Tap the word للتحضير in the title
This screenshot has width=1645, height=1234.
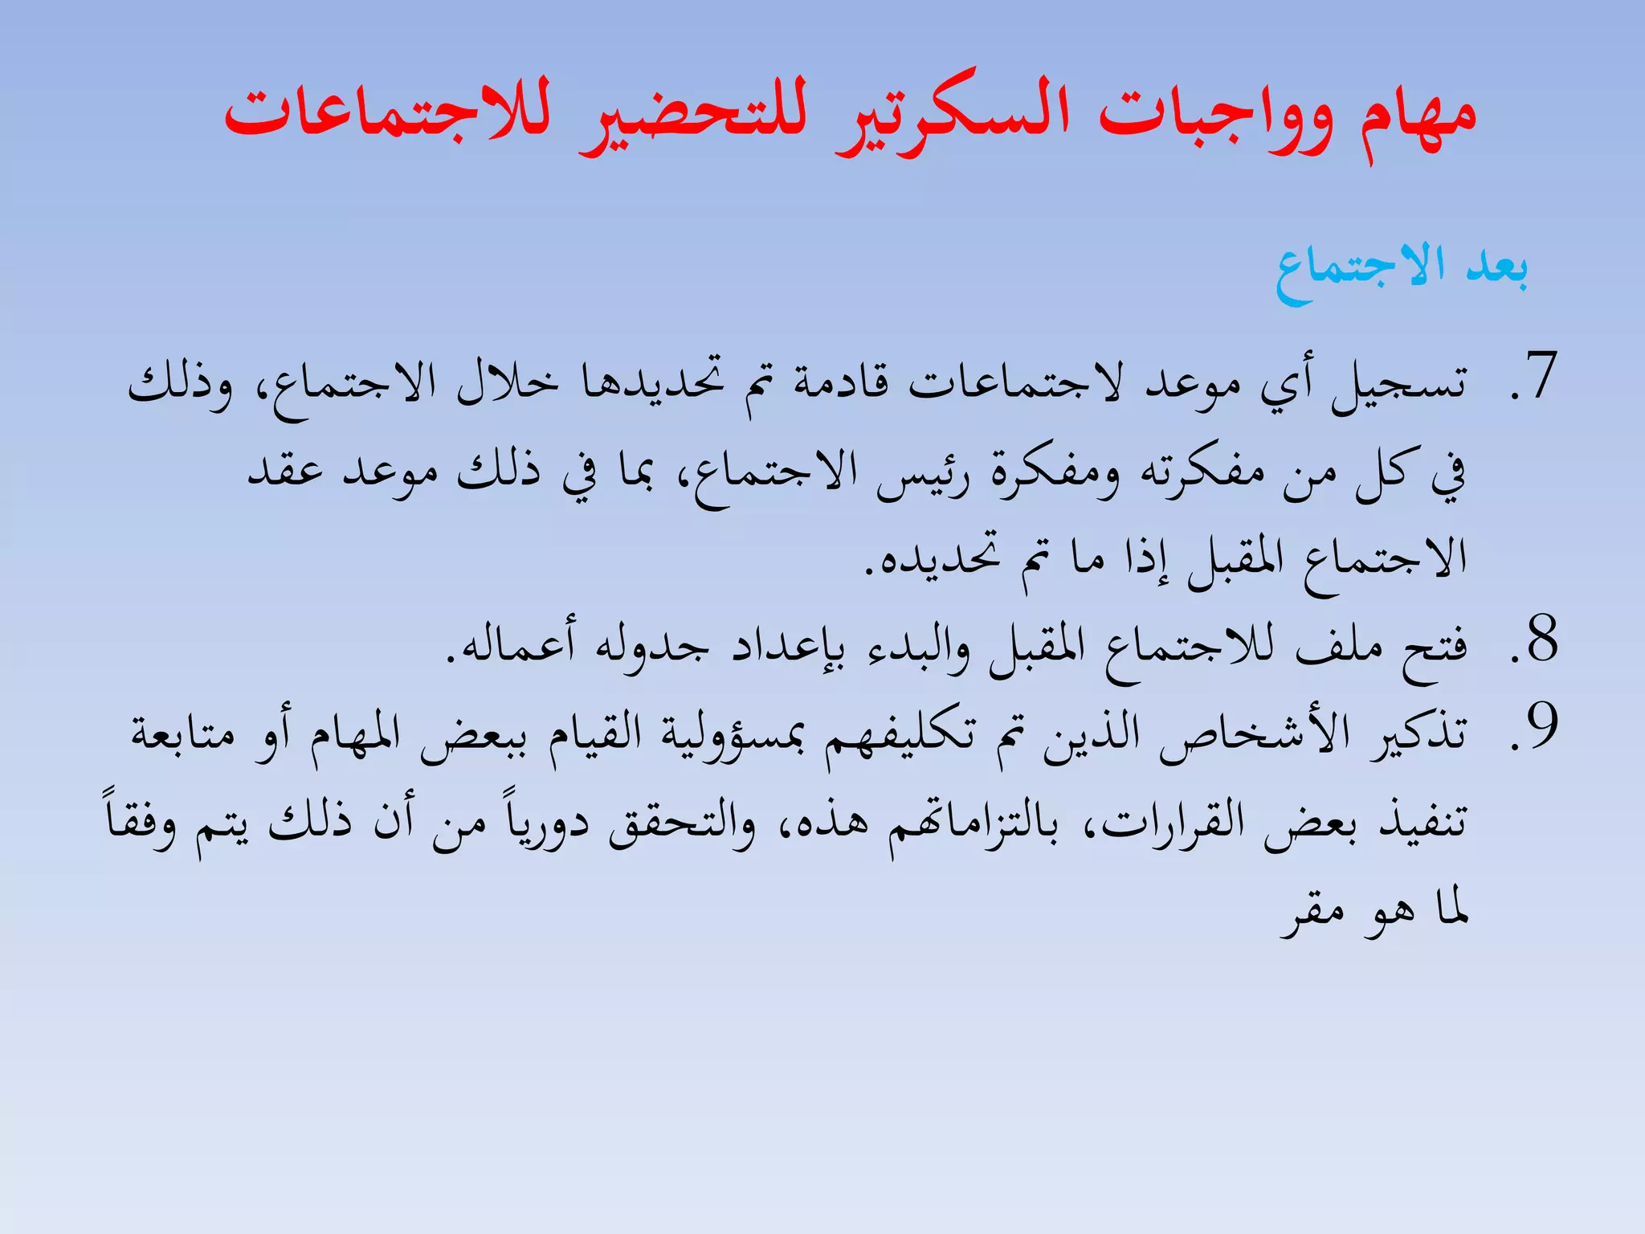click(695, 116)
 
